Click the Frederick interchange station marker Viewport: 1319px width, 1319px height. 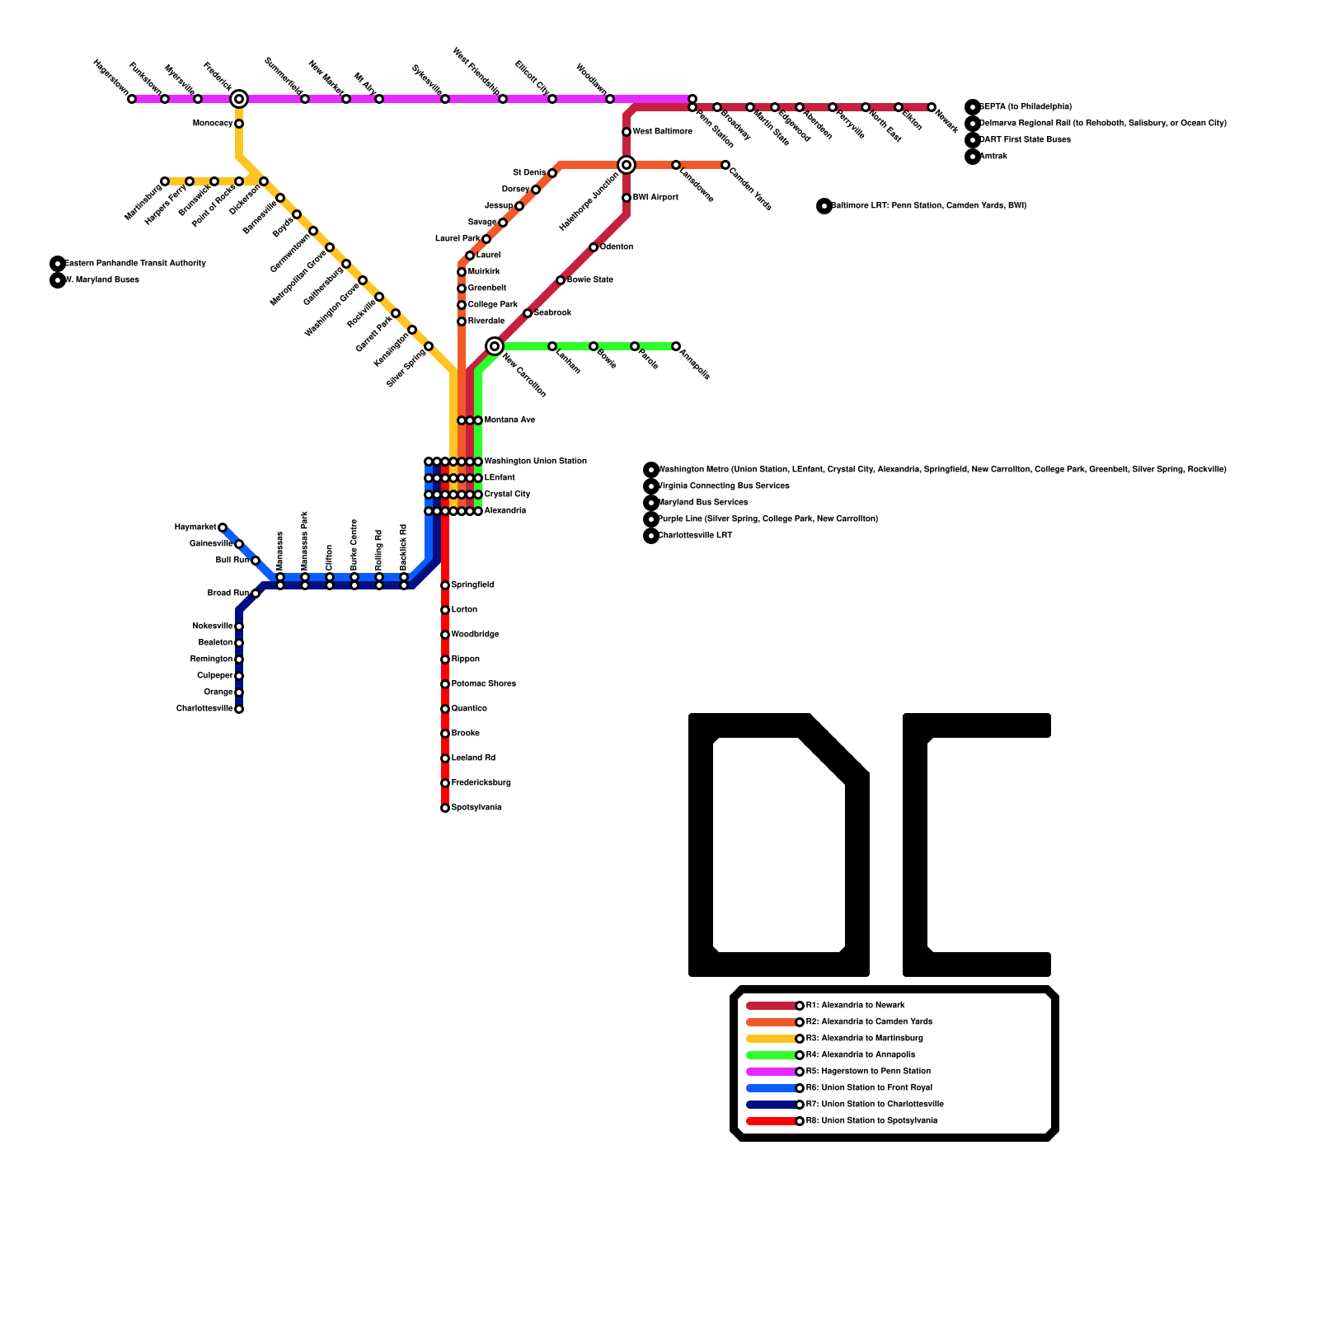(x=239, y=99)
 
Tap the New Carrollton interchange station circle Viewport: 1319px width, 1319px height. (x=495, y=346)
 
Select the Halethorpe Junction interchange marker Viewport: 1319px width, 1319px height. (x=627, y=165)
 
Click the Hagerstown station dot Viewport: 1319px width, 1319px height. (x=132, y=99)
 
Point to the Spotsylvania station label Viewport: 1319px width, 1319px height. (x=476, y=808)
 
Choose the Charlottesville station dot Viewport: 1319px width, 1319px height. (x=239, y=709)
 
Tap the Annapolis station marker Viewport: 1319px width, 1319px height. (x=676, y=346)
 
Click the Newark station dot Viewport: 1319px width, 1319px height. (x=932, y=107)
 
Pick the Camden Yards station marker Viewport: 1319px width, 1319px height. (x=725, y=165)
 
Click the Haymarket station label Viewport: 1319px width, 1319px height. (x=195, y=528)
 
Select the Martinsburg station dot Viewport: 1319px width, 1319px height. (x=165, y=181)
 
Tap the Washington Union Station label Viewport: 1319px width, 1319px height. (x=535, y=462)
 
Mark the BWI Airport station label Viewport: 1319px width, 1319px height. (x=655, y=198)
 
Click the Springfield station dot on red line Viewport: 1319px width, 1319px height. (x=445, y=585)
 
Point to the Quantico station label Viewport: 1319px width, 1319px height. (x=469, y=709)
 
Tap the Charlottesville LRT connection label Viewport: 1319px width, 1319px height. (x=695, y=536)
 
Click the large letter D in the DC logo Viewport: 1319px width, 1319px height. (x=779, y=845)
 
